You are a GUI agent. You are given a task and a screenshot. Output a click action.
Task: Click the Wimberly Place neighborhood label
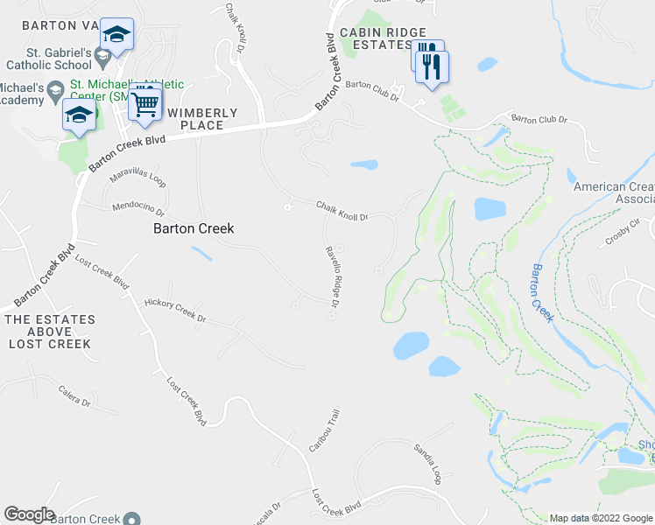[x=202, y=119]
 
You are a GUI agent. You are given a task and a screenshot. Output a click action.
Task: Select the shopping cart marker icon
[x=145, y=104]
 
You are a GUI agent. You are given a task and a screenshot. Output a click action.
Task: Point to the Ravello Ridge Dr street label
[x=332, y=276]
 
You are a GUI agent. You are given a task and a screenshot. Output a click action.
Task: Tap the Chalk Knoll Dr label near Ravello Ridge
[x=342, y=210]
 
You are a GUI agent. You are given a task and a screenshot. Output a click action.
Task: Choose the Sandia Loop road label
[x=426, y=465]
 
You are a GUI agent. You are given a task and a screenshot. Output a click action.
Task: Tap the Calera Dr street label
[x=74, y=402]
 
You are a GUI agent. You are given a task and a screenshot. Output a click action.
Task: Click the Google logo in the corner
[x=29, y=514]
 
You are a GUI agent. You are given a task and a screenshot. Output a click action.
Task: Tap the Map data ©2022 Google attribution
[x=601, y=518]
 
